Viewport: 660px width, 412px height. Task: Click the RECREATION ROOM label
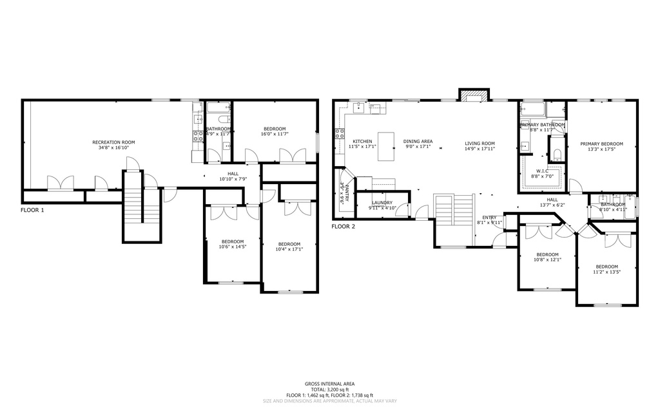point(113,142)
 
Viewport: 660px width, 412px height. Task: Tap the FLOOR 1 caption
point(32,210)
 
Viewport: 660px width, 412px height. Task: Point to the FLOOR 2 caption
point(344,226)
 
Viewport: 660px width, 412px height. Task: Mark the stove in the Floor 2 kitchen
point(339,134)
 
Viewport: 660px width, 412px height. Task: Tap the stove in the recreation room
point(198,136)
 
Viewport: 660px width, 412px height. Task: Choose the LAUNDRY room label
point(382,202)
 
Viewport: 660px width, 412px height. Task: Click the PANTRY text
point(345,194)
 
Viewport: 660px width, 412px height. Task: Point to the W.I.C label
point(542,171)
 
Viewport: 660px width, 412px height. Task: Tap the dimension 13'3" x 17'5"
point(601,149)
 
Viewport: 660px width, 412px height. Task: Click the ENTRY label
point(490,217)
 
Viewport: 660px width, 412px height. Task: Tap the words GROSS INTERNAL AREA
point(330,384)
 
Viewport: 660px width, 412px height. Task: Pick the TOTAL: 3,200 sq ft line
point(330,389)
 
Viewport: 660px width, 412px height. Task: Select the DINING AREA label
point(418,141)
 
